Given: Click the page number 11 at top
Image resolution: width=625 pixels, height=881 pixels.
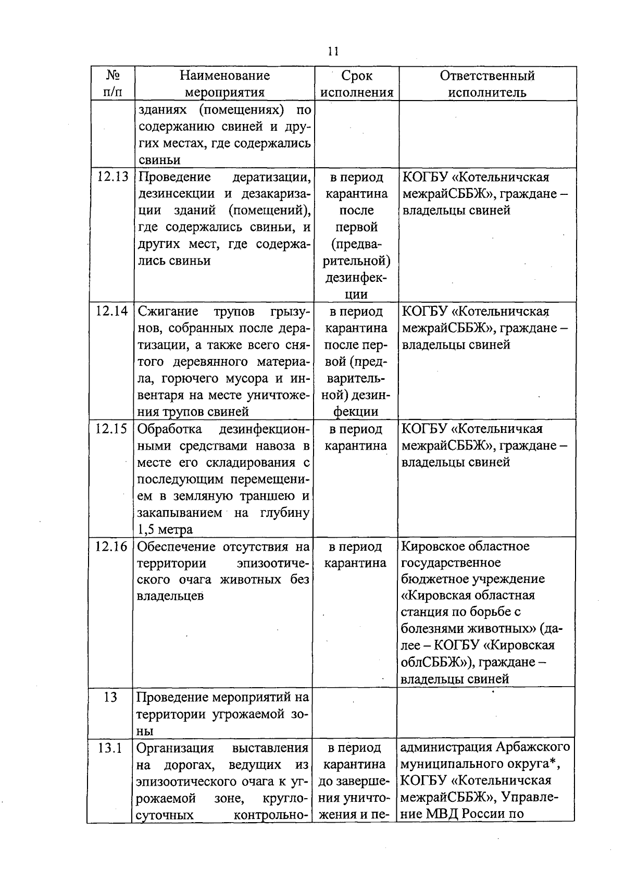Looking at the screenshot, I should point(333,52).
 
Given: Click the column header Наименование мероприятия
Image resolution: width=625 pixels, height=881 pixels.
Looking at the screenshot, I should point(224,84).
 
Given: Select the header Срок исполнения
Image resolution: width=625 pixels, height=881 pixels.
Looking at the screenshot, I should point(357,84).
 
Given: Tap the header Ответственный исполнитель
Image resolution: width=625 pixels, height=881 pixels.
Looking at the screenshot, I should point(487,84).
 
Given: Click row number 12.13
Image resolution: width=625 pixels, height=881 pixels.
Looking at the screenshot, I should point(113,177).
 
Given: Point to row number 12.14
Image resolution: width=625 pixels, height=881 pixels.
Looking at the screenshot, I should point(112,312).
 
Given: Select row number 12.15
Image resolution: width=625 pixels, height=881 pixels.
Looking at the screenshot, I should point(112,429).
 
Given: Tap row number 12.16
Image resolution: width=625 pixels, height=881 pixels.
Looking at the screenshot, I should point(112,547).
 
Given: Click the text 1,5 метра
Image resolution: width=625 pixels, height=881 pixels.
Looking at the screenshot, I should point(165,530).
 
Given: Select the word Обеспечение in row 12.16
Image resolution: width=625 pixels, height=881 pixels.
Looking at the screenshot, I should point(176,547).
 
